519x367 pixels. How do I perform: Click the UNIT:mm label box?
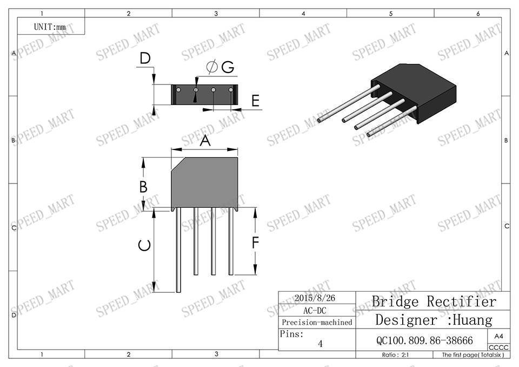tap(50, 26)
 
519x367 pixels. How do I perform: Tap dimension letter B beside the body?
tap(143, 187)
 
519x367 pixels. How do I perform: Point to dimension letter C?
tap(144, 246)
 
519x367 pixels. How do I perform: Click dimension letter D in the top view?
tap(144, 58)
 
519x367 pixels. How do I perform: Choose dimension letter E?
tap(255, 100)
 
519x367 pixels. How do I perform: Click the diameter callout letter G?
tap(227, 67)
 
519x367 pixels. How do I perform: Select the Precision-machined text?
tap(317, 323)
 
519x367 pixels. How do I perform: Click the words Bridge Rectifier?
tap(434, 301)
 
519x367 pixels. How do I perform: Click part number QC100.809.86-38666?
tap(424, 340)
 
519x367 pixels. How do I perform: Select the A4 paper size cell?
tap(498, 336)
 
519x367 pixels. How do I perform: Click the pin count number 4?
tap(320, 343)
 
